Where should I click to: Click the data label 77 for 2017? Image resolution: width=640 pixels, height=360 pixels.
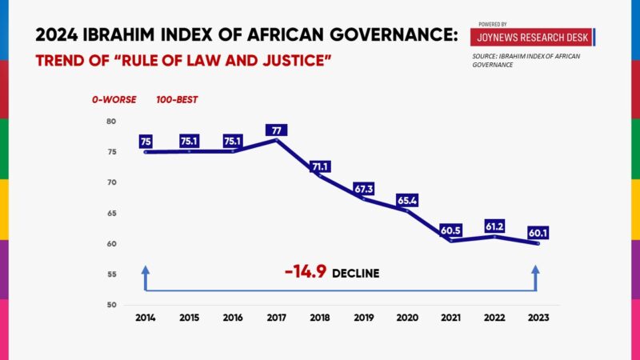(x=278, y=130)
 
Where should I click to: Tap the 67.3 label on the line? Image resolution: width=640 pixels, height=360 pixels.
(x=365, y=189)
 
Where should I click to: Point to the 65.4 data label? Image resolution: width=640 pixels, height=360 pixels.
(x=407, y=200)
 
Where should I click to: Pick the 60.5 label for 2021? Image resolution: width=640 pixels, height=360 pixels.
(x=450, y=231)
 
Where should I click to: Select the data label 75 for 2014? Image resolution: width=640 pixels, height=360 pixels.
(x=146, y=142)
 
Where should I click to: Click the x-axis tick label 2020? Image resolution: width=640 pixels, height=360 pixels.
(x=407, y=317)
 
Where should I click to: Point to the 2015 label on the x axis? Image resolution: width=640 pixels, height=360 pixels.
(x=190, y=317)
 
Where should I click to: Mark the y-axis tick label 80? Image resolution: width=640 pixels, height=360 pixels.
(x=110, y=122)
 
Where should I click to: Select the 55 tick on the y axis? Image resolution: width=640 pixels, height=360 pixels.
(x=110, y=274)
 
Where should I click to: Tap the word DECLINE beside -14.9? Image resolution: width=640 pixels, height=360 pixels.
(x=355, y=274)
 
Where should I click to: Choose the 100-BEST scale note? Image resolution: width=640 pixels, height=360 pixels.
(x=177, y=100)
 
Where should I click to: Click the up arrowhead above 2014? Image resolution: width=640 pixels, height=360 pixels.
(x=146, y=271)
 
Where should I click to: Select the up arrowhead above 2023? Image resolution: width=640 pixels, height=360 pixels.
(x=536, y=271)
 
